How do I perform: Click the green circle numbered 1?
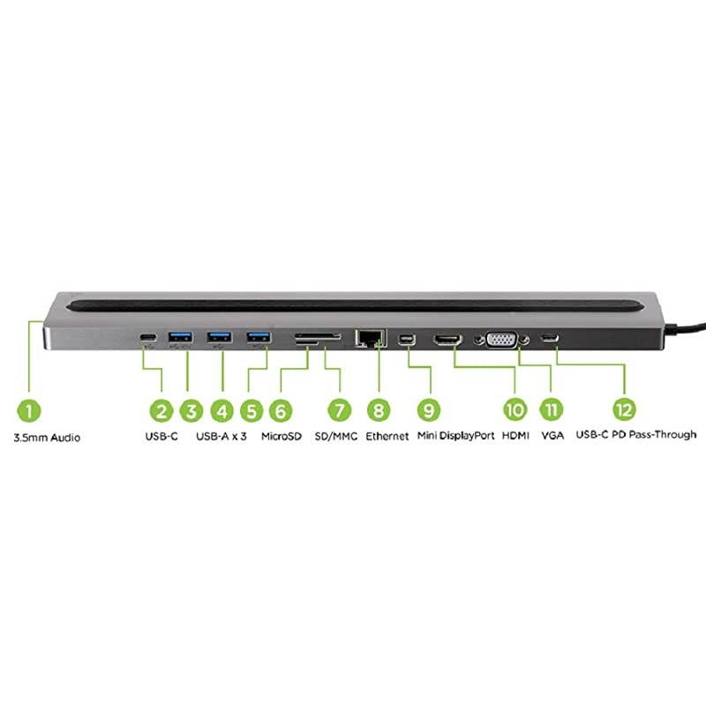pos(29,410)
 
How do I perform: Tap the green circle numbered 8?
pos(378,410)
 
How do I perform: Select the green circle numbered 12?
pos(625,410)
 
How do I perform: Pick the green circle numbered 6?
pos(280,410)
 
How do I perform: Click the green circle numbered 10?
pos(514,410)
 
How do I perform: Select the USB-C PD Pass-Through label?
pos(635,435)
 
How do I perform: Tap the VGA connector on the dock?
pos(502,339)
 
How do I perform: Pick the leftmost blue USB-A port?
pos(180,336)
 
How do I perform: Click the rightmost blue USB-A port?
pos(259,336)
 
